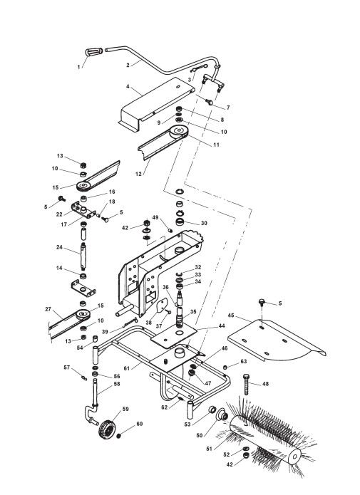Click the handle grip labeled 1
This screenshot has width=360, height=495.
tap(94, 51)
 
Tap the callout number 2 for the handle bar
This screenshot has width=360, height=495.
tap(128, 65)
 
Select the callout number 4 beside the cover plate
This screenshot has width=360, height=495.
tap(128, 86)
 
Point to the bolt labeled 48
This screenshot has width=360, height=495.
tap(247, 384)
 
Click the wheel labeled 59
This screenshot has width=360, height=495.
tap(108, 428)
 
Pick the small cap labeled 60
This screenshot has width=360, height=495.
tap(119, 436)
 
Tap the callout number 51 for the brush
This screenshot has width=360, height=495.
tap(209, 447)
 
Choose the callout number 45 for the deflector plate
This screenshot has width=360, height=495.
tap(231, 316)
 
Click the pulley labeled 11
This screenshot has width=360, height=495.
tap(179, 131)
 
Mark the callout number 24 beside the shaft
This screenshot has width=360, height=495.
tap(59, 247)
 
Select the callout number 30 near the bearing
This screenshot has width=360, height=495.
tap(204, 223)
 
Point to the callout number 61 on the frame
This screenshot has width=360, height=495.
tap(127, 368)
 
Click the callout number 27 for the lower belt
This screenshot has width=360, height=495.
tap(48, 309)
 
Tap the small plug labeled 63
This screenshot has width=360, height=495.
tap(225, 367)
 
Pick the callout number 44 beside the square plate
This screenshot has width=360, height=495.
tap(222, 325)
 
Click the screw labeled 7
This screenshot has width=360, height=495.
tap(209, 102)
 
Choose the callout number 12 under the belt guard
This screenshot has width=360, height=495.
tap(138, 174)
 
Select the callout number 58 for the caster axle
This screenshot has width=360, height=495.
tap(117, 384)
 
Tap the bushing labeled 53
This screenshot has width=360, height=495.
tap(212, 410)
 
